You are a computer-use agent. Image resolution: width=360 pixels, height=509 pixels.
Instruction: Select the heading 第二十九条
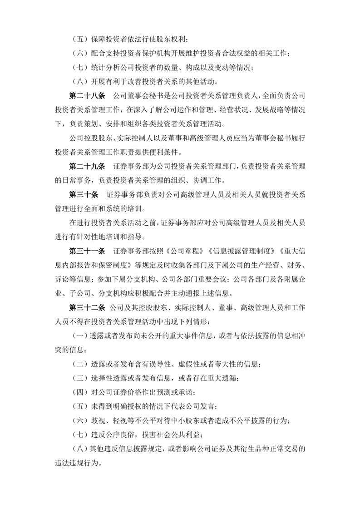pos(86,166)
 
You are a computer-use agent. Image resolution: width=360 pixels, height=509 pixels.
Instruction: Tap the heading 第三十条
pos(83,194)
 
